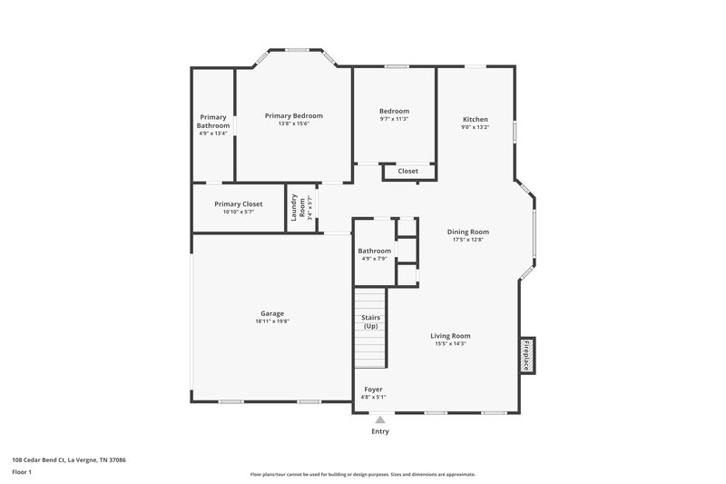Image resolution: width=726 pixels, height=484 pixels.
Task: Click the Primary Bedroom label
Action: point(293,116)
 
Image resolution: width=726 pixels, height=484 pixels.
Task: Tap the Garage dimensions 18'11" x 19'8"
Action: point(272,321)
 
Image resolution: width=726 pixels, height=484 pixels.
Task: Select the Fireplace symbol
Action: point(526,355)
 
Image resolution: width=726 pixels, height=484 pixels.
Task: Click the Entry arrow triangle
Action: point(379,420)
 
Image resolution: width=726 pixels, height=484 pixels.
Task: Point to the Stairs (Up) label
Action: point(370,322)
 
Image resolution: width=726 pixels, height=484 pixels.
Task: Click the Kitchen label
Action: point(476,120)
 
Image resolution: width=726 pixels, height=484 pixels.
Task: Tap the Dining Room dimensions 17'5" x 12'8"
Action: point(467,240)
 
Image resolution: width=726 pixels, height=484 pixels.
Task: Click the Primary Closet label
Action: point(239,204)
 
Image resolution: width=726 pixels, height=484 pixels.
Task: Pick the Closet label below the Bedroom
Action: point(408,171)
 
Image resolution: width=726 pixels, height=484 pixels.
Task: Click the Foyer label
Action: point(373,389)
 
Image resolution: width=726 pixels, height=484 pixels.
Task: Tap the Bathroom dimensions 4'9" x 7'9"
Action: point(374,259)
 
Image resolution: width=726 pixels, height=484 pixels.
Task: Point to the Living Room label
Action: point(450,336)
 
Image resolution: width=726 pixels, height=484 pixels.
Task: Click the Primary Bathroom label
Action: point(213,121)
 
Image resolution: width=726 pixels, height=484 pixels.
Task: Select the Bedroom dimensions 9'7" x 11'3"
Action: point(394,119)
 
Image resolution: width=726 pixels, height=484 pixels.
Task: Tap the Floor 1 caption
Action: point(22,473)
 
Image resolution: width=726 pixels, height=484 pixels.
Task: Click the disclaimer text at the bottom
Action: point(362,474)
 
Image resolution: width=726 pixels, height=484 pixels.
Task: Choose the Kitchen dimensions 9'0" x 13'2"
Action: point(476,128)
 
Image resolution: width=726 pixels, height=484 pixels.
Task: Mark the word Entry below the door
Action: point(379,431)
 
